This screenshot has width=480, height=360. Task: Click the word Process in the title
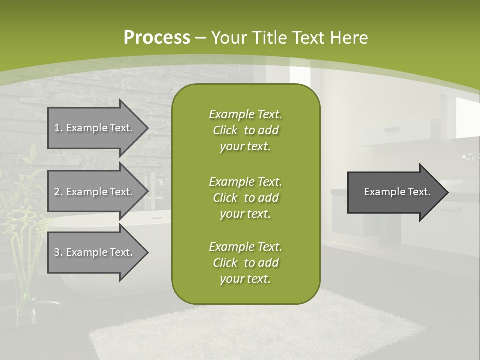click(x=157, y=38)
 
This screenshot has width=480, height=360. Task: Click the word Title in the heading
click(x=269, y=38)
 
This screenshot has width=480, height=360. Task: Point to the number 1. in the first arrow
click(x=58, y=128)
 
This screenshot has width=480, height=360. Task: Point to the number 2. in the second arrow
click(x=58, y=192)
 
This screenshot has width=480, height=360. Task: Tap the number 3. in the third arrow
click(x=58, y=252)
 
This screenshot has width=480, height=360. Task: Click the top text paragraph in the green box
click(x=245, y=130)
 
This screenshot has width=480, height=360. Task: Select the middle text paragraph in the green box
click(x=245, y=198)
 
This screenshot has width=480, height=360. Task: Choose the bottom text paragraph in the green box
click(x=245, y=263)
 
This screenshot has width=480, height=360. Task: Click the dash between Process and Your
click(x=201, y=38)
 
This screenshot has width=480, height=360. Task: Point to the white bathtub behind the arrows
click(x=150, y=220)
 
